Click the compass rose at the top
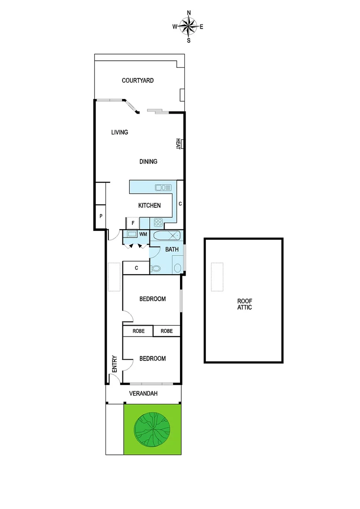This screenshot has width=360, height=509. (x=188, y=26)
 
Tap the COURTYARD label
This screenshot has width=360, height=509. (x=138, y=81)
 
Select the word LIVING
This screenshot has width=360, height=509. (x=120, y=132)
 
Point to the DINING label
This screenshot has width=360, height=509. (x=148, y=162)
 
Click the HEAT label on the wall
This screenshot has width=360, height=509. (x=179, y=144)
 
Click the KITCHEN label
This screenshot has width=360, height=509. (x=149, y=205)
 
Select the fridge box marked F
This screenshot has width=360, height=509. (x=133, y=222)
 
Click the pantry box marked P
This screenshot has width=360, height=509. (x=101, y=216)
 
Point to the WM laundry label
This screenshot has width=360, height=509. (x=143, y=234)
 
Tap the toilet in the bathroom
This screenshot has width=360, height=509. (x=156, y=269)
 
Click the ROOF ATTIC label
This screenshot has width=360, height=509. (x=244, y=304)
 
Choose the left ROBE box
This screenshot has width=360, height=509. (x=139, y=331)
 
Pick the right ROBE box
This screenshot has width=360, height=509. (x=167, y=331)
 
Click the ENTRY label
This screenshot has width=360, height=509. (x=114, y=364)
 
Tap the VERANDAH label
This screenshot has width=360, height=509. (x=143, y=394)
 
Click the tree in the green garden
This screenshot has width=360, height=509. (x=152, y=428)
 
